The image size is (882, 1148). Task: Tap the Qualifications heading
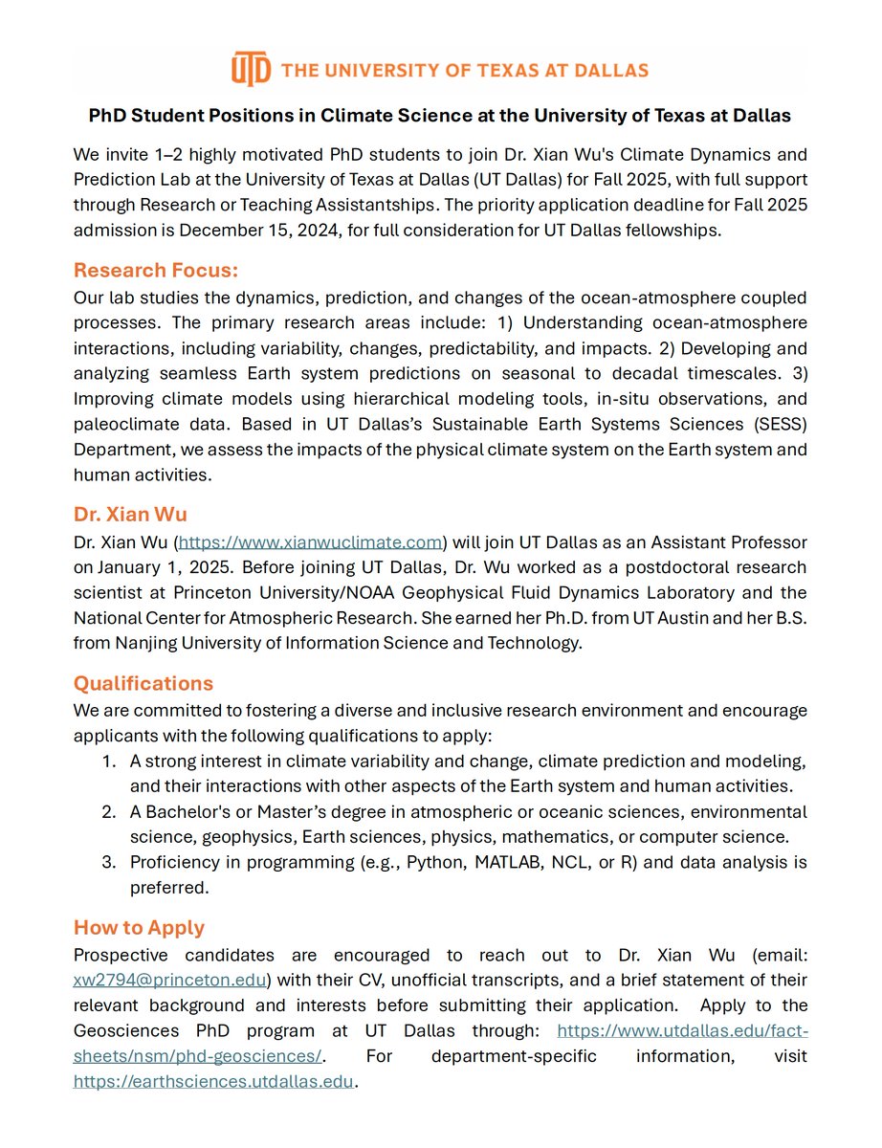click(x=143, y=683)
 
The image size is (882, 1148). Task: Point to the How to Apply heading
click(x=140, y=927)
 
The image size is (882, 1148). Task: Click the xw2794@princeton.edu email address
click(x=171, y=980)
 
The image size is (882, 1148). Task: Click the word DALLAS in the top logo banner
click(x=612, y=70)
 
